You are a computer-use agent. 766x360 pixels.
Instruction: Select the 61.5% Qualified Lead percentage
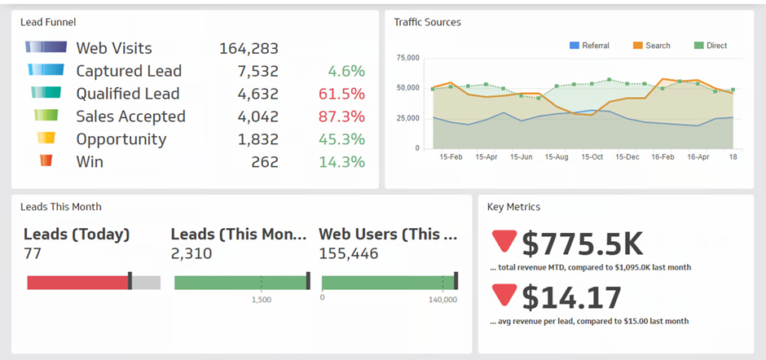coord(341,94)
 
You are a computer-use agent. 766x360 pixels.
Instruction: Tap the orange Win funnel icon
coord(46,161)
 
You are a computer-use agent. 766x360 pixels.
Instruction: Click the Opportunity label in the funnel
coord(121,139)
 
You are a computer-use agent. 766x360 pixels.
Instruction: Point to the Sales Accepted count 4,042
coord(258,116)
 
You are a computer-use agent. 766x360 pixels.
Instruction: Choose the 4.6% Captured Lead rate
coord(346,71)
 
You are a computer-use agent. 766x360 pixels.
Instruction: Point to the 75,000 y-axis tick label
coord(407,58)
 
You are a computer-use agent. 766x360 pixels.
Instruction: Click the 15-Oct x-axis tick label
coord(591,156)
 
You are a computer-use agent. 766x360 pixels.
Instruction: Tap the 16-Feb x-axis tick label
coord(663,156)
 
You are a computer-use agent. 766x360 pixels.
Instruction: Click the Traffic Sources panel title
coord(427,22)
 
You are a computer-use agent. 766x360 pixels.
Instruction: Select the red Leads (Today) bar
coord(77,283)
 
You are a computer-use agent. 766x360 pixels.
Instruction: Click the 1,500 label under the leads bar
coord(261,300)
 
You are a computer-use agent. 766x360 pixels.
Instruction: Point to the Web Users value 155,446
coord(348,254)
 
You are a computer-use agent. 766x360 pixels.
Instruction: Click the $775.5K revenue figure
coord(582,244)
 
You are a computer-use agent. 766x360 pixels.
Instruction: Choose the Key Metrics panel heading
coord(513,207)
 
